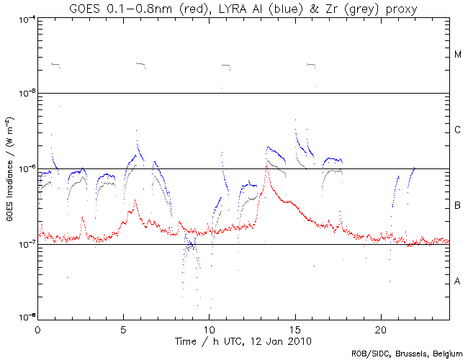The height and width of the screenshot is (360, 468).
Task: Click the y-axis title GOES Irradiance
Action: tap(9, 168)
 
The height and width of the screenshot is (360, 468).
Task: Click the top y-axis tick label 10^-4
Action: tap(23, 18)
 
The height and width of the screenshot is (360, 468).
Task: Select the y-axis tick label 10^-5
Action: tap(23, 94)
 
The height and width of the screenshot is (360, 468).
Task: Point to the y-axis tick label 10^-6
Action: tap(23, 169)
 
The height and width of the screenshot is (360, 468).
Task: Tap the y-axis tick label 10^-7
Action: tap(23, 245)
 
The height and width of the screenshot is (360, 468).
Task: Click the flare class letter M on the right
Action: tap(457, 55)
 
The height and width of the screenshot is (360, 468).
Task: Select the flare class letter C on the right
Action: tap(457, 130)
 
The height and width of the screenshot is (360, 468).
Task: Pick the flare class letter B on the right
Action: tap(457, 207)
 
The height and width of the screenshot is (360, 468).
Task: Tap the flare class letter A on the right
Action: tap(457, 282)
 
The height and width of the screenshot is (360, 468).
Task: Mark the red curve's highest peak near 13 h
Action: tap(267, 163)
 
